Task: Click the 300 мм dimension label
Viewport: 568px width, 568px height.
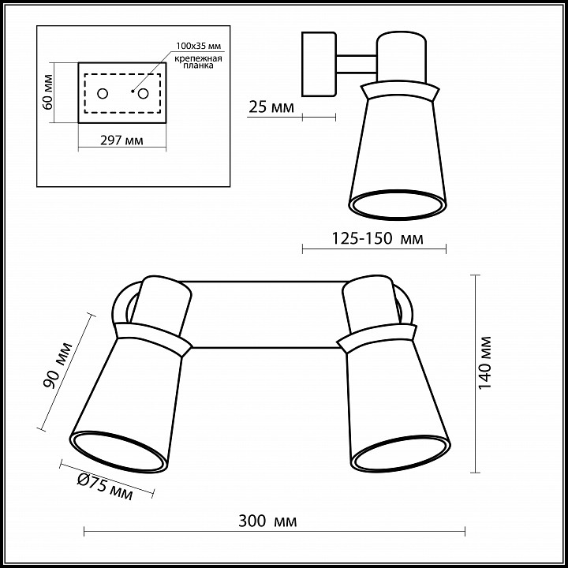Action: tap(267, 521)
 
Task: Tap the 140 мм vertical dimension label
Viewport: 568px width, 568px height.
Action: tap(485, 363)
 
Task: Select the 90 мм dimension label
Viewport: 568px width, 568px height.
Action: tap(58, 364)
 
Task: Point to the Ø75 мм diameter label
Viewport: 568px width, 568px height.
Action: tap(105, 488)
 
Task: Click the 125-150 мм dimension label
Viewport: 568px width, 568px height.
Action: tap(377, 238)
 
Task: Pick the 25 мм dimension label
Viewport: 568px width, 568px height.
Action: tap(271, 106)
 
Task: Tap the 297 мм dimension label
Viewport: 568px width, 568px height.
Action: tap(121, 140)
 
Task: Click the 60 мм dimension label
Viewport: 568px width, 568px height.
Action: tap(47, 92)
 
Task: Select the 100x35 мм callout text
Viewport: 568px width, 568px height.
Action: tap(198, 46)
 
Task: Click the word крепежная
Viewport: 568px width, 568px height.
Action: tap(198, 58)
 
